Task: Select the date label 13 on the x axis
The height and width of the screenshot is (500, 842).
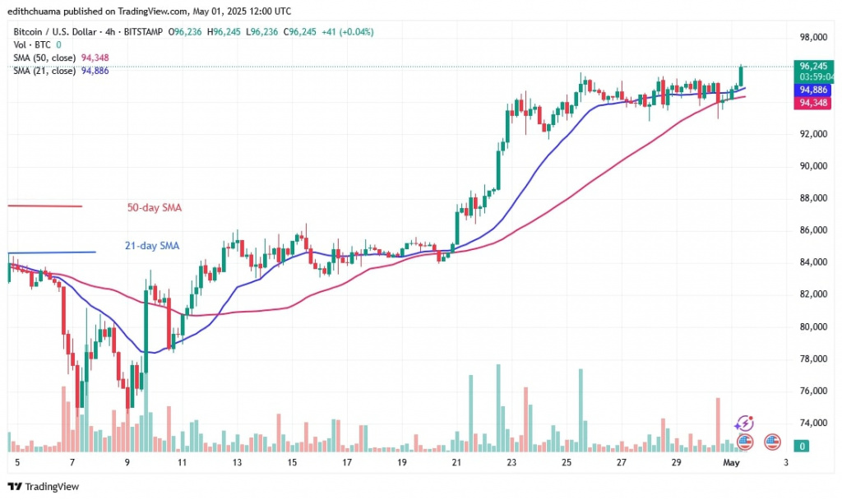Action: [237, 463]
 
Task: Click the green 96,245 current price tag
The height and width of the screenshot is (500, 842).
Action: [813, 67]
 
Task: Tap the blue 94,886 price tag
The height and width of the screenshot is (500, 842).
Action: [813, 90]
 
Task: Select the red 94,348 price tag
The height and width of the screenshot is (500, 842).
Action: [813, 103]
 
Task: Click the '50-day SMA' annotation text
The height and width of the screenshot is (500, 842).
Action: [154, 208]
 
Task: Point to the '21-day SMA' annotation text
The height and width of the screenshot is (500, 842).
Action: [152, 245]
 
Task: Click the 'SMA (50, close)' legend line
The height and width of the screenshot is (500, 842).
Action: [44, 58]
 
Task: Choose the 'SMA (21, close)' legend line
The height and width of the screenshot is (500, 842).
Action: [44, 71]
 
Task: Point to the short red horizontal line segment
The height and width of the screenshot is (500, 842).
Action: [44, 206]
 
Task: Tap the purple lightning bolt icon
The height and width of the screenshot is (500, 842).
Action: [744, 424]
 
